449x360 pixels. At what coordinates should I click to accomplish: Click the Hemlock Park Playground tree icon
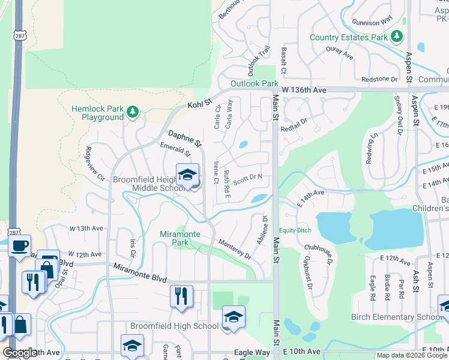[132, 112]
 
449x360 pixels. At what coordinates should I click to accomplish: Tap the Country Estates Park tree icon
[396, 37]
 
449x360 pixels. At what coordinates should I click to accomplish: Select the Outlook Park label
[254, 84]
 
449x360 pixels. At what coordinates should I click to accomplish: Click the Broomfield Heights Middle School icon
[187, 175]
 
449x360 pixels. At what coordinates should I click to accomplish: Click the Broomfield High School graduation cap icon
[234, 317]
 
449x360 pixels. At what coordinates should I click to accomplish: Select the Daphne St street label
[185, 139]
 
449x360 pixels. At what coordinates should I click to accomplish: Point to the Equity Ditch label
[294, 230]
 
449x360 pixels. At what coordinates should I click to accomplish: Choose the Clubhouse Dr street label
[318, 254]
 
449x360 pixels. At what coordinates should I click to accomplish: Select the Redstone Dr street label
[379, 79]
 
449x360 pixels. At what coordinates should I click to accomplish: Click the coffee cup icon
[19, 245]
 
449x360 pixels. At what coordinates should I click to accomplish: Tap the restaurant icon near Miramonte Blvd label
[180, 296]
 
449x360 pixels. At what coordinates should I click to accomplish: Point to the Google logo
[20, 353]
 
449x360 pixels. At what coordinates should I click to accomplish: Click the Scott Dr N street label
[248, 179]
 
